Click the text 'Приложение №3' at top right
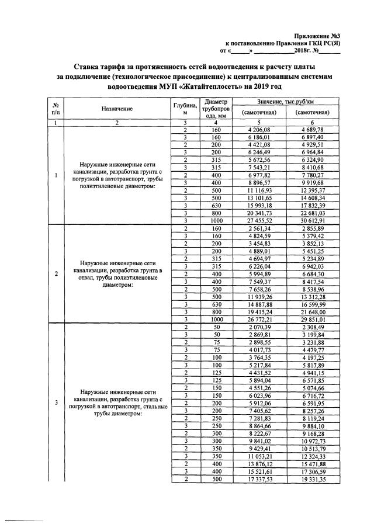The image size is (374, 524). coord(320,36)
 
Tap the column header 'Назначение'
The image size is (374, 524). coord(116,109)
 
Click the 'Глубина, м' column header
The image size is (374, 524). coord(185,109)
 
